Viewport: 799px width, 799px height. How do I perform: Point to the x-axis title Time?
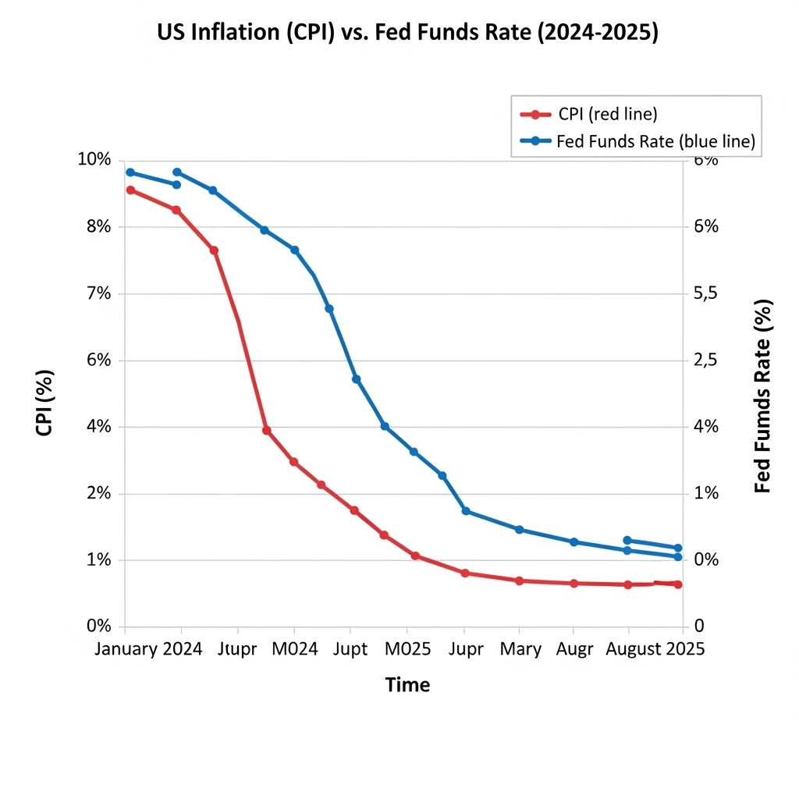point(407,685)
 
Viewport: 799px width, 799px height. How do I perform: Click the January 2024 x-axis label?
point(148,649)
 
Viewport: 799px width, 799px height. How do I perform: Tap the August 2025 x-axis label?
point(655,649)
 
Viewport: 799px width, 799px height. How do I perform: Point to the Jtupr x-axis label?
point(238,649)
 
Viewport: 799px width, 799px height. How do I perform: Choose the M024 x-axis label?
point(294,649)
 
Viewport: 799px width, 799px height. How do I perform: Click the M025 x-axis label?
point(407,649)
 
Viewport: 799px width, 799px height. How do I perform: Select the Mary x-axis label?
point(520,649)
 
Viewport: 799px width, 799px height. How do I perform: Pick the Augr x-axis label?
point(575,649)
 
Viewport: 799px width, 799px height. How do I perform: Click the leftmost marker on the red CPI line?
point(130,190)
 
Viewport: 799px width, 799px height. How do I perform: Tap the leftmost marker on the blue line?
point(130,172)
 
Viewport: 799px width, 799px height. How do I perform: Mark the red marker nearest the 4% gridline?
point(266,430)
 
